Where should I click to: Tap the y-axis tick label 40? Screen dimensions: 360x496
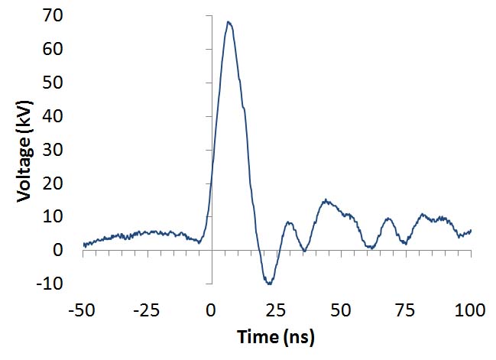click(64, 116)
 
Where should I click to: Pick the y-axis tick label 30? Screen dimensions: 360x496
click(64, 150)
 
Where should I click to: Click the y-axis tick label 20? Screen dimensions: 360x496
click(64, 183)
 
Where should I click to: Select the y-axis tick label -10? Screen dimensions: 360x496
click(61, 284)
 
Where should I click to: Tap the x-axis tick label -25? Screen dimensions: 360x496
click(148, 310)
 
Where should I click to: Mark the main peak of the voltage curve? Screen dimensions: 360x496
click(228, 22)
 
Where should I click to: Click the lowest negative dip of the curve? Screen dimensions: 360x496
click(269, 284)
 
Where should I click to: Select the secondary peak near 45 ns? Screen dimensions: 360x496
click(326, 200)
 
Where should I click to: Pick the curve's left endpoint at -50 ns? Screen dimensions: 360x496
click(84, 244)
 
